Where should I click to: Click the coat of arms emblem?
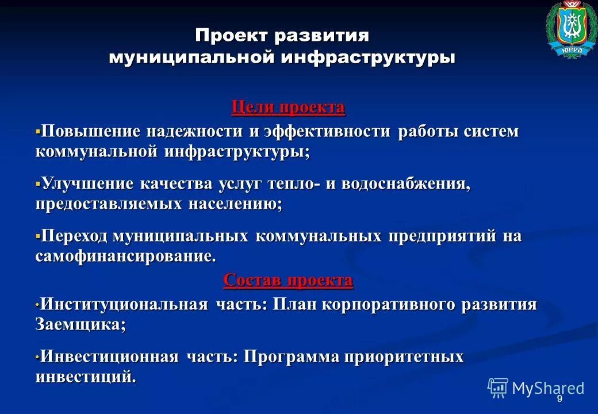pyautogui.click(x=572, y=29)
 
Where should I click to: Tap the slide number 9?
pyautogui.click(x=559, y=400)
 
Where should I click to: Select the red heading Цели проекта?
pyautogui.click(x=288, y=108)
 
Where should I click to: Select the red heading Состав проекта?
pyautogui.click(x=288, y=281)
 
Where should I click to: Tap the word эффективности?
pyautogui.click(x=327, y=132)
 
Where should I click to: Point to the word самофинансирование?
pyautogui.click(x=126, y=256)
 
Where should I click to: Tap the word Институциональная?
pyautogui.click(x=124, y=305)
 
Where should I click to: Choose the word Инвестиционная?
pyautogui.click(x=110, y=357)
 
